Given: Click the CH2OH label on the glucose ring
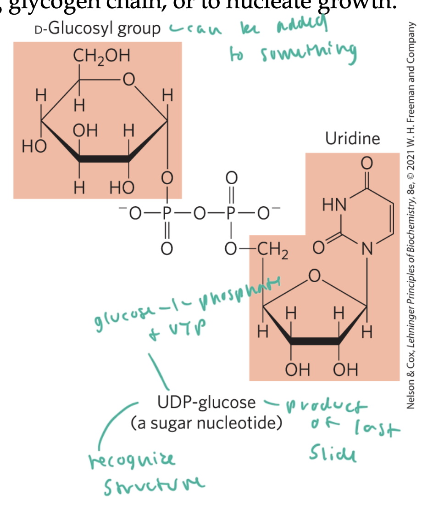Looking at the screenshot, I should coord(102,56).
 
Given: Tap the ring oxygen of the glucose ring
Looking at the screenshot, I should coord(129,80).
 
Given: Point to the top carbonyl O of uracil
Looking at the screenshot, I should coord(366,163).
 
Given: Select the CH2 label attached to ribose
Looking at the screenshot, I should coord(271,250).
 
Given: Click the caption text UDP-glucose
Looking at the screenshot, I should coord(206,402).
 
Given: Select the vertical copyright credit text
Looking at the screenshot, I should coord(411,216).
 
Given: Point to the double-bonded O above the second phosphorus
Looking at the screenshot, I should coord(232,176).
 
